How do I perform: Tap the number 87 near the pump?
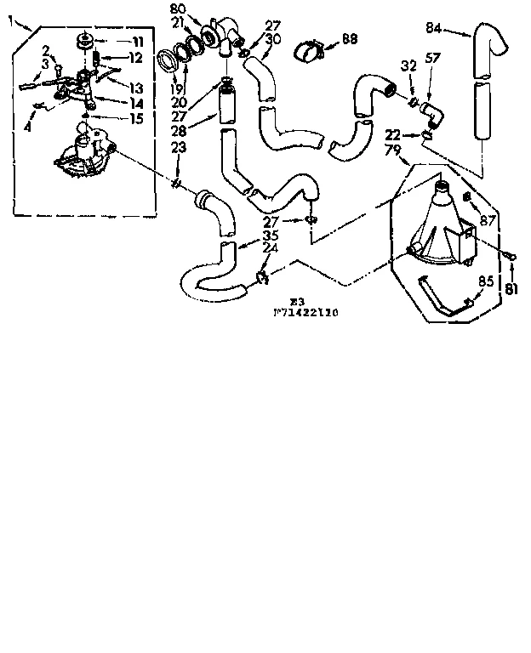488,220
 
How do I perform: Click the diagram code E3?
295,301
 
